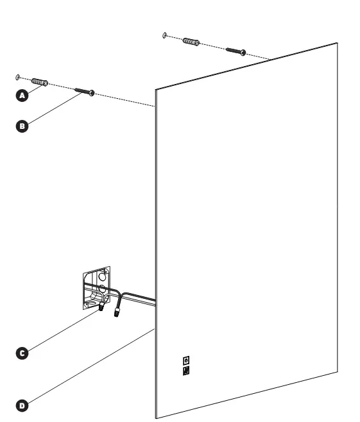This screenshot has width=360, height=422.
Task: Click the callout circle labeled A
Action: [22, 96]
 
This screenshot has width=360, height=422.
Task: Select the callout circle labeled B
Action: [22, 126]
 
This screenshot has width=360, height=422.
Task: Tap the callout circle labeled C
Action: [22, 353]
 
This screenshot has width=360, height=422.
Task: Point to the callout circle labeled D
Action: [22, 405]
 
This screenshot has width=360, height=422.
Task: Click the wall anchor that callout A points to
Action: [40, 82]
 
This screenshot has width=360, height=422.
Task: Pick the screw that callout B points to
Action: [85, 92]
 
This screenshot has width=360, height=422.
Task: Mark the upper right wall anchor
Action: [191, 42]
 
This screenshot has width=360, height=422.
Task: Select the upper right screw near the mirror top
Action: [236, 51]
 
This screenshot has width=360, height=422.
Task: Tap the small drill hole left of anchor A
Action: [18, 78]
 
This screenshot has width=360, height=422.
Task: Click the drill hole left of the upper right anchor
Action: [165, 35]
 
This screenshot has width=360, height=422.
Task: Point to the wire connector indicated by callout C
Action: [101, 306]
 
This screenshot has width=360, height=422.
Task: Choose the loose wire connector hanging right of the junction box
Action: [117, 312]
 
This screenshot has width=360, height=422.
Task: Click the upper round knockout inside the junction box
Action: [102, 276]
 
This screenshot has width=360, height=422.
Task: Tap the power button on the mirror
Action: [186, 360]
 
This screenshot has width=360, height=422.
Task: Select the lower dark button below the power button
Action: [186, 370]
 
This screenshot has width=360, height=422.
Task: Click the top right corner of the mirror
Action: [337, 43]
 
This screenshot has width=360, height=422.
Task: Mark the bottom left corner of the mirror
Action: [156, 418]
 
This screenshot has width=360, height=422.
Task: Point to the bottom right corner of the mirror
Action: [337, 372]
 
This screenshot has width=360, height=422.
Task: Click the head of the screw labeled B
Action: [92, 93]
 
